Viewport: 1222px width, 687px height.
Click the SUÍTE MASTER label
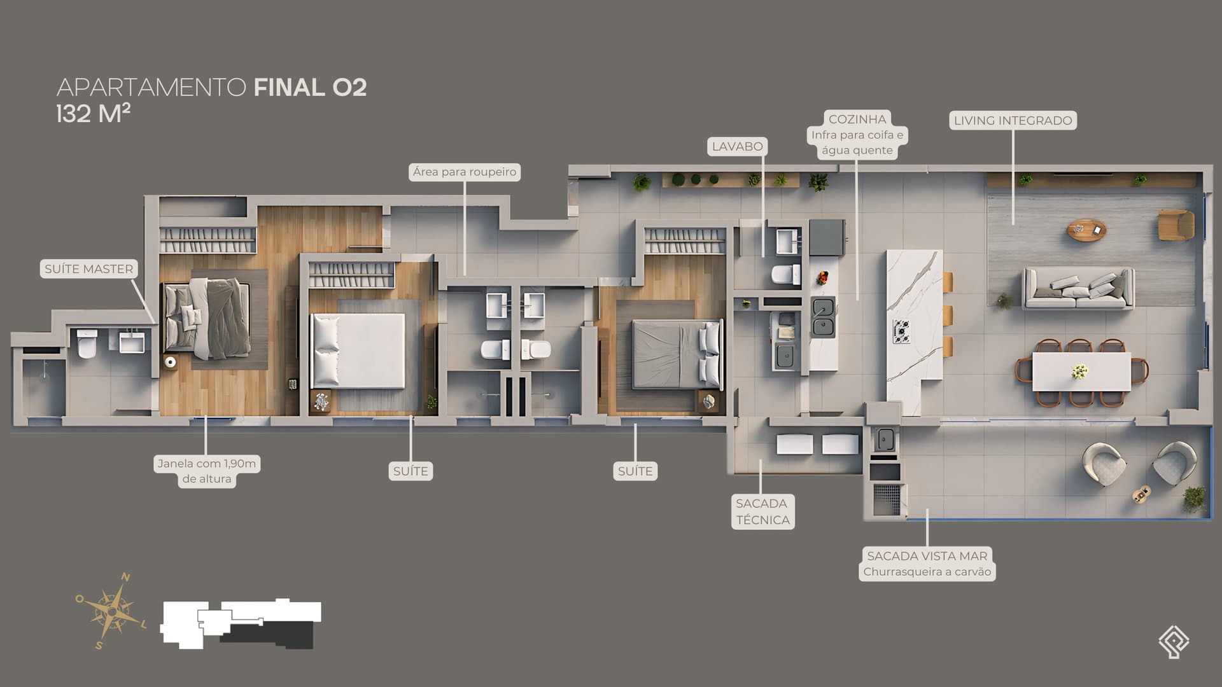tap(89, 269)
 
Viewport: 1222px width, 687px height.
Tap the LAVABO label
tap(737, 146)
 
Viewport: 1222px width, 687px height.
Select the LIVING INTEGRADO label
tap(1013, 120)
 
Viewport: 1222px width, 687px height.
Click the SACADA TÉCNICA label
tap(762, 511)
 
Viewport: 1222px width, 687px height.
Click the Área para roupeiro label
tap(465, 172)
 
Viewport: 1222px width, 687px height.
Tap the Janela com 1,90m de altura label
tap(207, 471)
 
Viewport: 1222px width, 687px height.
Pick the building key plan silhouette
tap(241, 623)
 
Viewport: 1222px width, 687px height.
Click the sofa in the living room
tap(1079, 288)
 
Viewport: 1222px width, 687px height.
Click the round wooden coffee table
tap(1087, 230)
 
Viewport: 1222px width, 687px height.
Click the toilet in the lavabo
tap(785, 275)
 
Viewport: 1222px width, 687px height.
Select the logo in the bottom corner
tap(1174, 641)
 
